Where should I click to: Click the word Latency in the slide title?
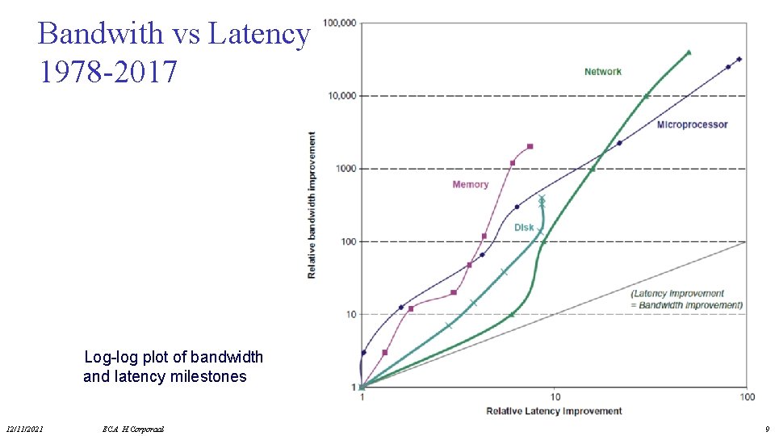click(x=258, y=35)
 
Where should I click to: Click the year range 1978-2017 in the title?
click(x=107, y=72)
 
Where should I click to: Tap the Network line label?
click(x=602, y=72)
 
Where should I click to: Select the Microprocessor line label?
click(x=692, y=124)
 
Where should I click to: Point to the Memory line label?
click(x=470, y=184)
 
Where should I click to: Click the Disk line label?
click(x=524, y=228)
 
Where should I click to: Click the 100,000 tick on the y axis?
click(x=339, y=23)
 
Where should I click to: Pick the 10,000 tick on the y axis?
click(x=341, y=96)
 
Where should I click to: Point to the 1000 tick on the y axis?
click(x=346, y=169)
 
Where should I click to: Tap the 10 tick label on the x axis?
click(x=555, y=397)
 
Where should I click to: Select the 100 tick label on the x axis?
click(x=747, y=397)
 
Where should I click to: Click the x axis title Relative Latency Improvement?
click(x=554, y=411)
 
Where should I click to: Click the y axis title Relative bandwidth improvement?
click(x=312, y=205)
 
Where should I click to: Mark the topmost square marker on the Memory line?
click(x=530, y=146)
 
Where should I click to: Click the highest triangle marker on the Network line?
click(x=689, y=52)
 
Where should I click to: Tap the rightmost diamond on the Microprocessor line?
click(x=739, y=59)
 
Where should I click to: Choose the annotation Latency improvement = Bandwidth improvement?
click(x=686, y=300)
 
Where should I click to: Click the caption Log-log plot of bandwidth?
click(x=174, y=357)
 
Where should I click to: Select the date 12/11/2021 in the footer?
click(x=24, y=429)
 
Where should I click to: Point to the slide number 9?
click(x=766, y=429)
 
